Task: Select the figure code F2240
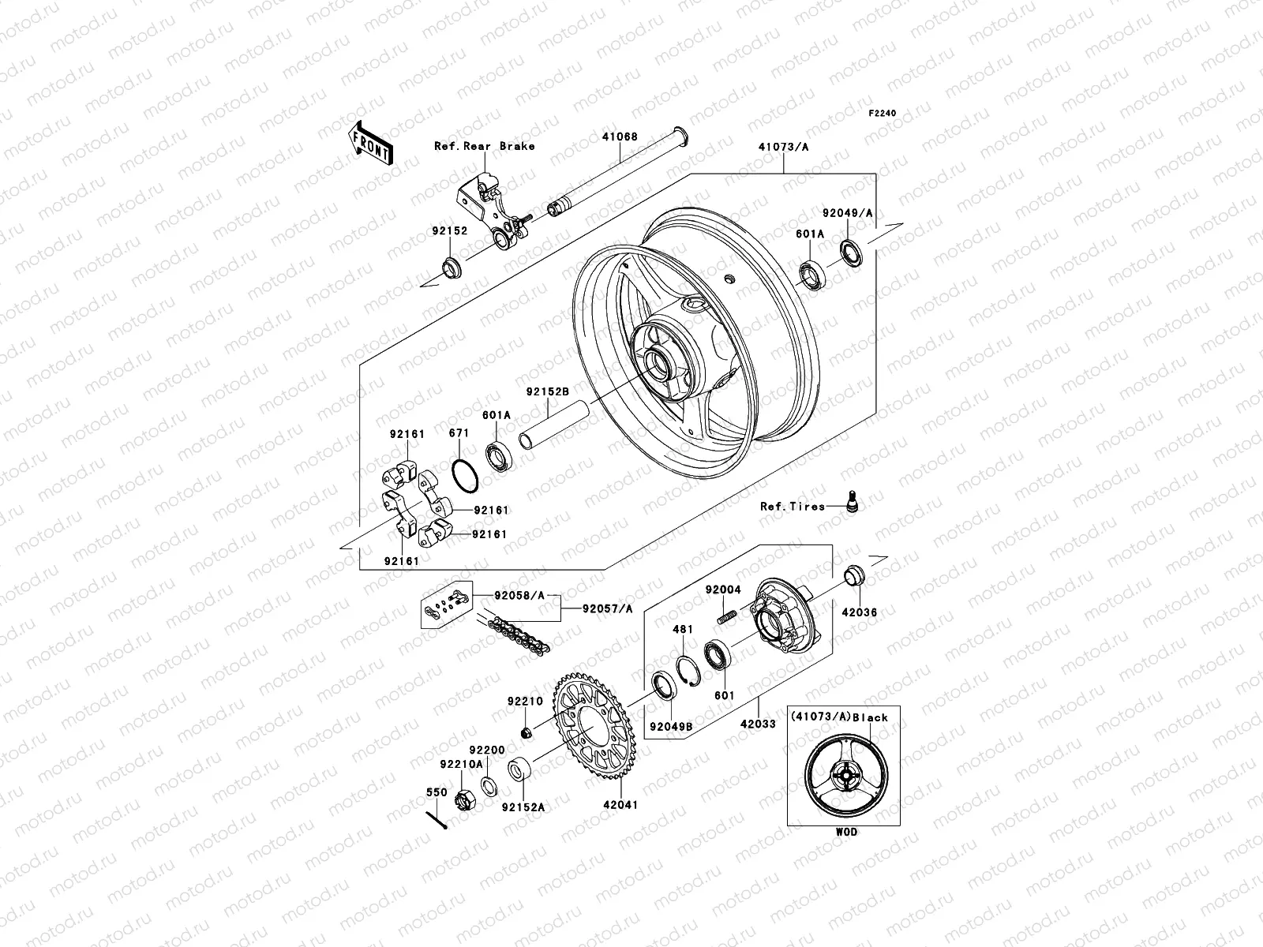[x=883, y=114]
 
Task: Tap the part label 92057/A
[x=607, y=608]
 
